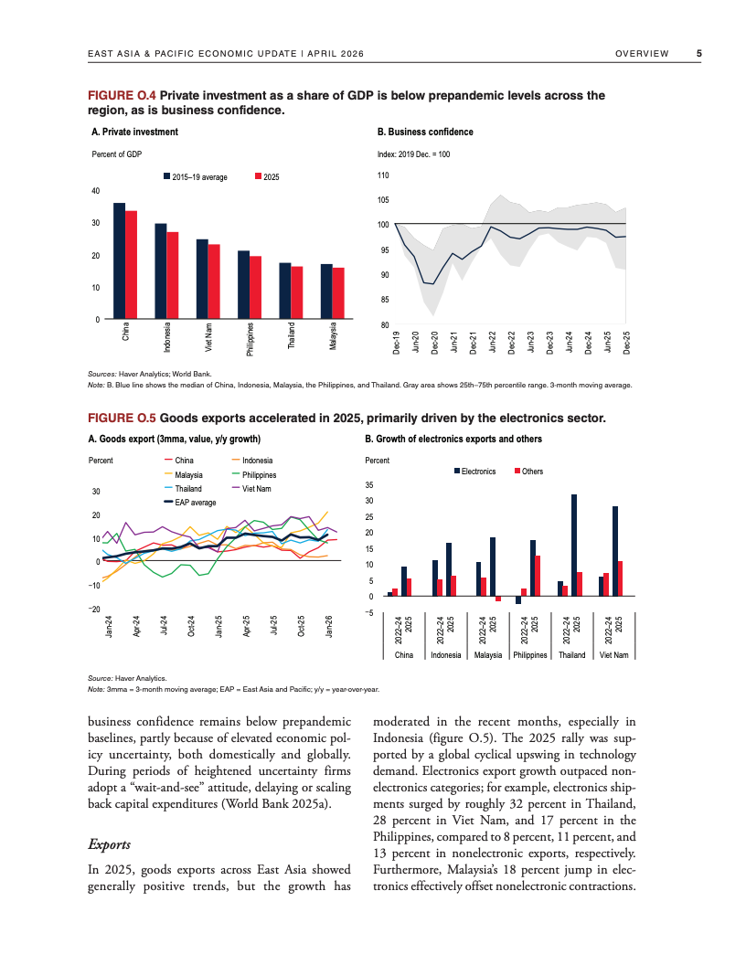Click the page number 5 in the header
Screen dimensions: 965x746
click(699, 54)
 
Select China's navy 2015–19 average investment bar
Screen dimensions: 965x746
click(119, 260)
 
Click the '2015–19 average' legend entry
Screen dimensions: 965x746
click(196, 176)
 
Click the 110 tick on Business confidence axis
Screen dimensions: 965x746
click(383, 175)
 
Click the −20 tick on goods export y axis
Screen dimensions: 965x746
click(94, 608)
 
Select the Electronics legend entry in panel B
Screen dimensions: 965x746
click(474, 472)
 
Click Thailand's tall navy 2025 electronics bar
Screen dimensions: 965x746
click(574, 545)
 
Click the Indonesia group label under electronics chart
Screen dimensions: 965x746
click(445, 655)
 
